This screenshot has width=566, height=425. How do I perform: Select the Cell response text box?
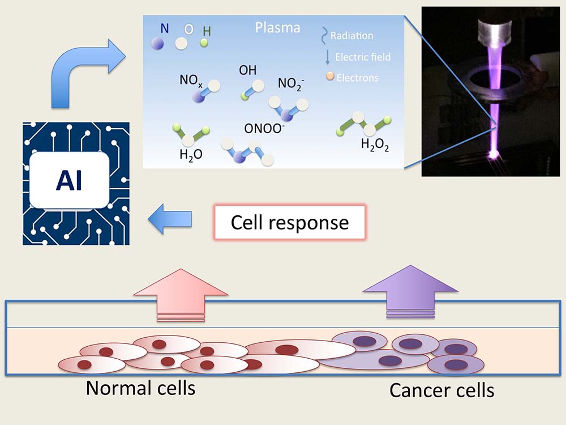pyautogui.click(x=289, y=222)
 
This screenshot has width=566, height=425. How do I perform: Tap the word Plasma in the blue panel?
pyautogui.click(x=277, y=28)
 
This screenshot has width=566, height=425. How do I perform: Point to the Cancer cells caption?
pyautogui.click(x=441, y=390)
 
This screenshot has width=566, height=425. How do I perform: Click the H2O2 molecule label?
pyautogui.click(x=376, y=144)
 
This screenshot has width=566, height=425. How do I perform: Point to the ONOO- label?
pyautogui.click(x=264, y=129)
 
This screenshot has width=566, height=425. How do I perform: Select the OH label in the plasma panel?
pyautogui.click(x=247, y=71)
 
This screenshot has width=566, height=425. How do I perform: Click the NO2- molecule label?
pyautogui.click(x=291, y=84)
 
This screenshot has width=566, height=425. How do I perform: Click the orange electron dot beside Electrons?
pyautogui.click(x=330, y=76)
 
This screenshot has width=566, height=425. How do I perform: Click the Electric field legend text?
pyautogui.click(x=363, y=57)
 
